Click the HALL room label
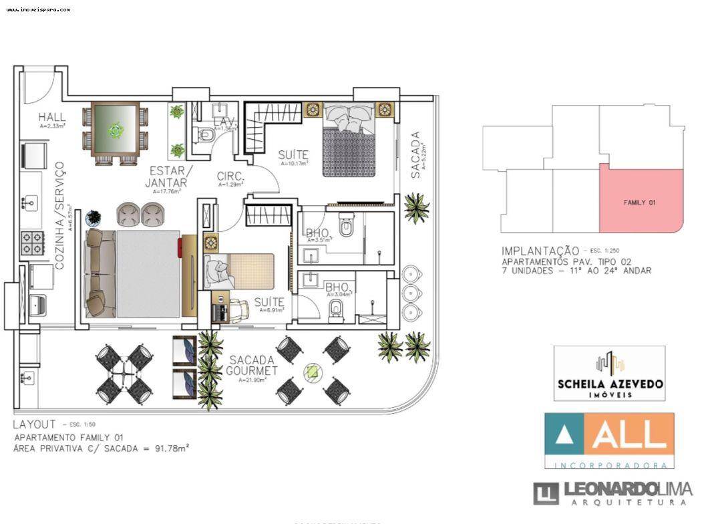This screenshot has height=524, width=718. click(x=51, y=116)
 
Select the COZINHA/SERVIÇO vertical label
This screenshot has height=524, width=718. click(x=59, y=215)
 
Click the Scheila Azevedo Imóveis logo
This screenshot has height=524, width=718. click(x=609, y=373)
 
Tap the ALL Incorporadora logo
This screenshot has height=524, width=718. click(x=609, y=440)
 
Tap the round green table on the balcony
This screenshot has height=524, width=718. click(x=312, y=372)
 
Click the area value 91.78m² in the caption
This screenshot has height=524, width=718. click(x=170, y=448)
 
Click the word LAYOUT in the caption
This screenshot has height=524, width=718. click(x=34, y=424)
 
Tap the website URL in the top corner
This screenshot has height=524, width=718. click(x=38, y=10)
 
